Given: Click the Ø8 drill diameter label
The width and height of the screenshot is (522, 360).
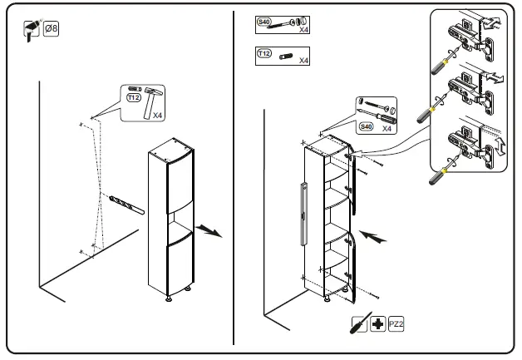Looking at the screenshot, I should pyautogui.click(x=51, y=29).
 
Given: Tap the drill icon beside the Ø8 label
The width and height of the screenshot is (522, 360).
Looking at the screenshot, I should pyautogui.click(x=33, y=32).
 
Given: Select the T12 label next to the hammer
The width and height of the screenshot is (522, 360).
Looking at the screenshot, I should pyautogui.click(x=133, y=97).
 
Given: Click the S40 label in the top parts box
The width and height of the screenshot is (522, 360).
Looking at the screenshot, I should pyautogui.click(x=264, y=21).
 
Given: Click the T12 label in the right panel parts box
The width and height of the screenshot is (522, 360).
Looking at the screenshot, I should pyautogui.click(x=264, y=53).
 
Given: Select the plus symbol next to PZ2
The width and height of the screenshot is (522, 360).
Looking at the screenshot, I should pyautogui.click(x=377, y=323).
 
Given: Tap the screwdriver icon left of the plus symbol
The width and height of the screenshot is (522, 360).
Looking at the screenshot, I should pyautogui.click(x=359, y=323).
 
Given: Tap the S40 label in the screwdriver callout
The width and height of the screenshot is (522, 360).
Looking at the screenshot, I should pyautogui.click(x=366, y=126).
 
